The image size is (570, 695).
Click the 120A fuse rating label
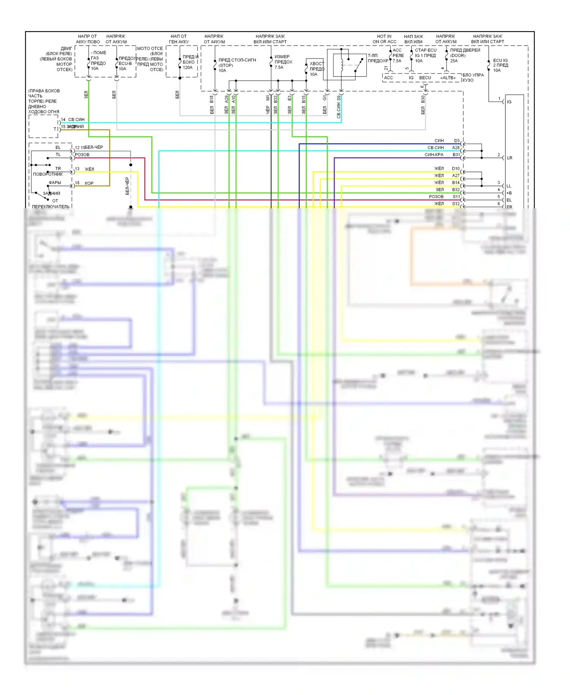click(187, 68)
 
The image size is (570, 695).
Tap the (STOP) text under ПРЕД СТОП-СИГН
click(226, 65)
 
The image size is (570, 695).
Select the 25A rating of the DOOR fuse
click(454, 61)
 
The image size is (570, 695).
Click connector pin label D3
click(457, 141)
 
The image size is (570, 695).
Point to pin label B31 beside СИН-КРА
click(456, 155)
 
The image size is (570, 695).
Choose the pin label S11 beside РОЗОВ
click(456, 197)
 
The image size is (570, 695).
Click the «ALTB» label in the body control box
click(448, 78)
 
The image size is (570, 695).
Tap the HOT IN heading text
click(384, 36)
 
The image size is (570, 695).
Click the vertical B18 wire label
click(212, 99)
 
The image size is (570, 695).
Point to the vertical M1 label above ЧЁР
click(268, 98)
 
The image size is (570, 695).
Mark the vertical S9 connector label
click(339, 98)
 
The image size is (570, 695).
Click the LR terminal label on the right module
click(509, 158)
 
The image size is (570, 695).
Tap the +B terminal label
click(509, 193)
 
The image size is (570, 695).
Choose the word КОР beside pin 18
click(89, 183)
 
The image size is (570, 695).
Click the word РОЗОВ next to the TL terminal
click(82, 155)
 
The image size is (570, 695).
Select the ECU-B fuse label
click(125, 63)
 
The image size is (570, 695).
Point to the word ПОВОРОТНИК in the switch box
click(48, 174)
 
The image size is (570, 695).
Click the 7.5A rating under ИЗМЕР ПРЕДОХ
click(279, 67)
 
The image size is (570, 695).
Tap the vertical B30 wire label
click(423, 99)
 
